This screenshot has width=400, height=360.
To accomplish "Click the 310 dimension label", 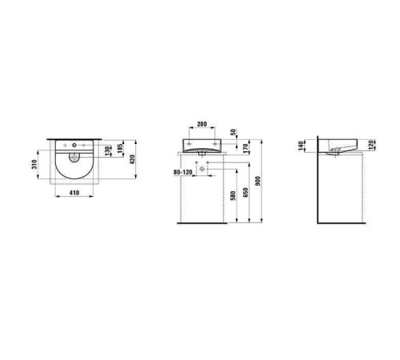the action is click(34, 166).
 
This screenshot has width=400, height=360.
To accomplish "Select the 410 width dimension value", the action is click(74, 193).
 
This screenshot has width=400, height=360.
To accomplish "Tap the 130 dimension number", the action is click(107, 151).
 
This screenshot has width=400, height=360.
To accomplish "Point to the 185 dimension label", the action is click(120, 149).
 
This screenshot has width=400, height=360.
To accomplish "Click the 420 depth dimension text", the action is click(132, 159).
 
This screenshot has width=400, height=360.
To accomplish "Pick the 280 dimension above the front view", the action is click(202, 124).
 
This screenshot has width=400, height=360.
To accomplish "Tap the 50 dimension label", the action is click(234, 132).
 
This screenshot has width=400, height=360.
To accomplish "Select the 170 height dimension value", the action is click(246, 147).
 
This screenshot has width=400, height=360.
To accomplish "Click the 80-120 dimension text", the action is click(183, 172).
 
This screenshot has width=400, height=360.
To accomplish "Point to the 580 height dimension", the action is click(233, 195).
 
